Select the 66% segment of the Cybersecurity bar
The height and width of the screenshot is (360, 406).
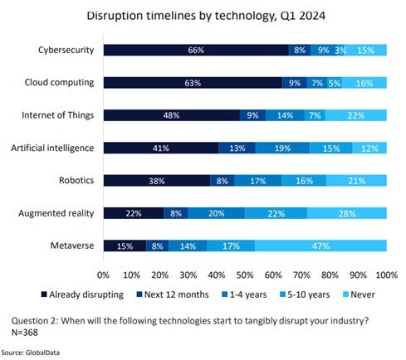pyautogui.click(x=196, y=51)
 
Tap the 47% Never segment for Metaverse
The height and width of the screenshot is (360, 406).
pyautogui.click(x=320, y=246)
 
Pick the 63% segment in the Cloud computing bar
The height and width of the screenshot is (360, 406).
pyautogui.click(x=192, y=83)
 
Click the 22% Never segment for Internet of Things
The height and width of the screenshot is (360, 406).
pyautogui.click(x=355, y=115)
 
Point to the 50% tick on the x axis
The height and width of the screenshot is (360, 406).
pyautogui.click(x=245, y=274)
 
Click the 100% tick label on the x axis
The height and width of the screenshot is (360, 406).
pyautogui.click(x=384, y=274)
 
